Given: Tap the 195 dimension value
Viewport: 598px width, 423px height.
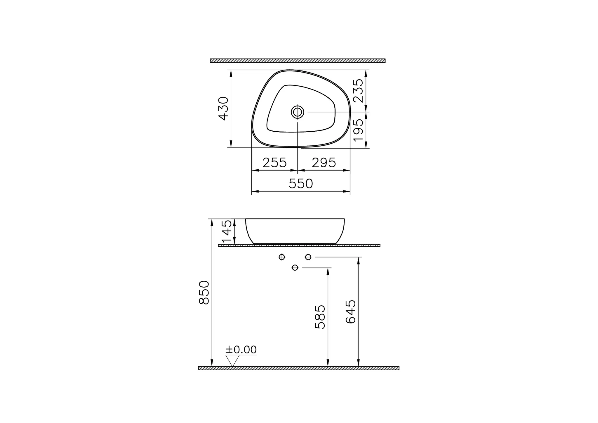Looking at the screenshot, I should [x=358, y=130].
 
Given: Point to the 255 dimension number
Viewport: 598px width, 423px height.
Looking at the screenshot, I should [x=274, y=163].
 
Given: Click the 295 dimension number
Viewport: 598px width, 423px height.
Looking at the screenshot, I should [x=324, y=163].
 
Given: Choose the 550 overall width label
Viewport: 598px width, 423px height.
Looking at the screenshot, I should [x=301, y=184].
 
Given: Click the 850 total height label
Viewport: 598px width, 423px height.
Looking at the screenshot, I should [x=204, y=293].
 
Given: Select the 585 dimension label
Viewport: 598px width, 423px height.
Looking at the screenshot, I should [x=320, y=317].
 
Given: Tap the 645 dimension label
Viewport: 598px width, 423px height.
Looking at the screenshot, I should [x=351, y=312].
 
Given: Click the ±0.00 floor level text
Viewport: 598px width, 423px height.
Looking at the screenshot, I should [x=241, y=350].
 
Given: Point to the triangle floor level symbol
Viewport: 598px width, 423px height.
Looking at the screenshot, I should [x=232, y=360].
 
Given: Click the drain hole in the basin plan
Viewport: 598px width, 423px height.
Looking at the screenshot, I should [x=298, y=111].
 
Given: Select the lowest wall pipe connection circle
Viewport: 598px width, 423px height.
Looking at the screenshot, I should [x=295, y=267].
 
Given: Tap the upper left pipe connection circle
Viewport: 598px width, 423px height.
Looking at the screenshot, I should [x=282, y=257].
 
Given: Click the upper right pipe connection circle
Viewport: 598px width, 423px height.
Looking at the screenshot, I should [x=308, y=257].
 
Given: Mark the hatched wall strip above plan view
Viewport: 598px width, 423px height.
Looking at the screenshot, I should [x=298, y=61].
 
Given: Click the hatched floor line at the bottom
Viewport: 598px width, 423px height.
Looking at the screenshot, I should [x=298, y=368].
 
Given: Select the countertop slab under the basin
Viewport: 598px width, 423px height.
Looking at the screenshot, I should [x=299, y=245].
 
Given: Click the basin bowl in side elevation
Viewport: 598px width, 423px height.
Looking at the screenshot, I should [x=295, y=231].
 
